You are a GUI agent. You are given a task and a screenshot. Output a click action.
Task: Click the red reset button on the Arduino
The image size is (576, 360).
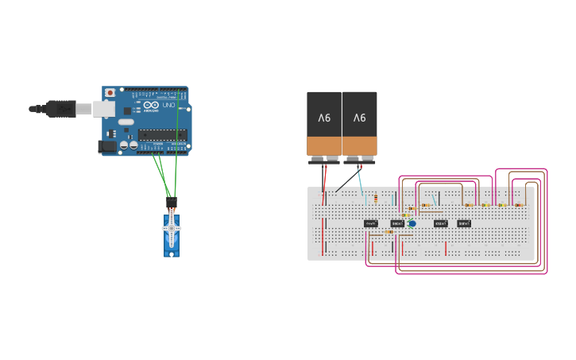[x=110, y=93]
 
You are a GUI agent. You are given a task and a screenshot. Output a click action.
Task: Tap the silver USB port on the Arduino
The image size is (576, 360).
[x=103, y=108]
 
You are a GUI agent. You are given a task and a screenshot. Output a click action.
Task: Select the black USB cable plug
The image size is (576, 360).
[x=61, y=109]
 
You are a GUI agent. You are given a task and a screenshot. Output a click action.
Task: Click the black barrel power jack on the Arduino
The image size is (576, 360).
[x=106, y=146]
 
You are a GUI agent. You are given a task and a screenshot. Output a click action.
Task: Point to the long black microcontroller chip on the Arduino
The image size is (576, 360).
[x=163, y=134]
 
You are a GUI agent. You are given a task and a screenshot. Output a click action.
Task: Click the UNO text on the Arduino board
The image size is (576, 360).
[x=168, y=105]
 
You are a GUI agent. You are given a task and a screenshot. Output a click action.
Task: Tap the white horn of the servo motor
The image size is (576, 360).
[x=172, y=229]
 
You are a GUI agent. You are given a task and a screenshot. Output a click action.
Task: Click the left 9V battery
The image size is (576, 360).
[x=324, y=123]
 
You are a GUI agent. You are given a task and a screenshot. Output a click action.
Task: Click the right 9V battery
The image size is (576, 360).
[x=360, y=123]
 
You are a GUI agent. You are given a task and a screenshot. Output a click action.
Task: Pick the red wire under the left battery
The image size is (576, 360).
[x=324, y=179]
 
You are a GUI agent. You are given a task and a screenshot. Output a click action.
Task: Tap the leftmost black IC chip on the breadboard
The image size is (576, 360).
[x=371, y=223]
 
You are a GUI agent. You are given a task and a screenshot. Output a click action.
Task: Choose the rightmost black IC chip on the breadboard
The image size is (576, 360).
[x=464, y=223]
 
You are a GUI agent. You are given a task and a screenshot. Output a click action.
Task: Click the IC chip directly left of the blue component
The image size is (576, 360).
[x=397, y=223]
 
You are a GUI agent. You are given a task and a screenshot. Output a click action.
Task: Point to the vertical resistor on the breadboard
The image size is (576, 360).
[x=376, y=199]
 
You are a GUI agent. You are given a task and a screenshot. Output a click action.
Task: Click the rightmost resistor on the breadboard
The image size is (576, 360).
[x=519, y=204]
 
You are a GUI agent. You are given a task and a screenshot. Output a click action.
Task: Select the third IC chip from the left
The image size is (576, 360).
[x=441, y=223]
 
